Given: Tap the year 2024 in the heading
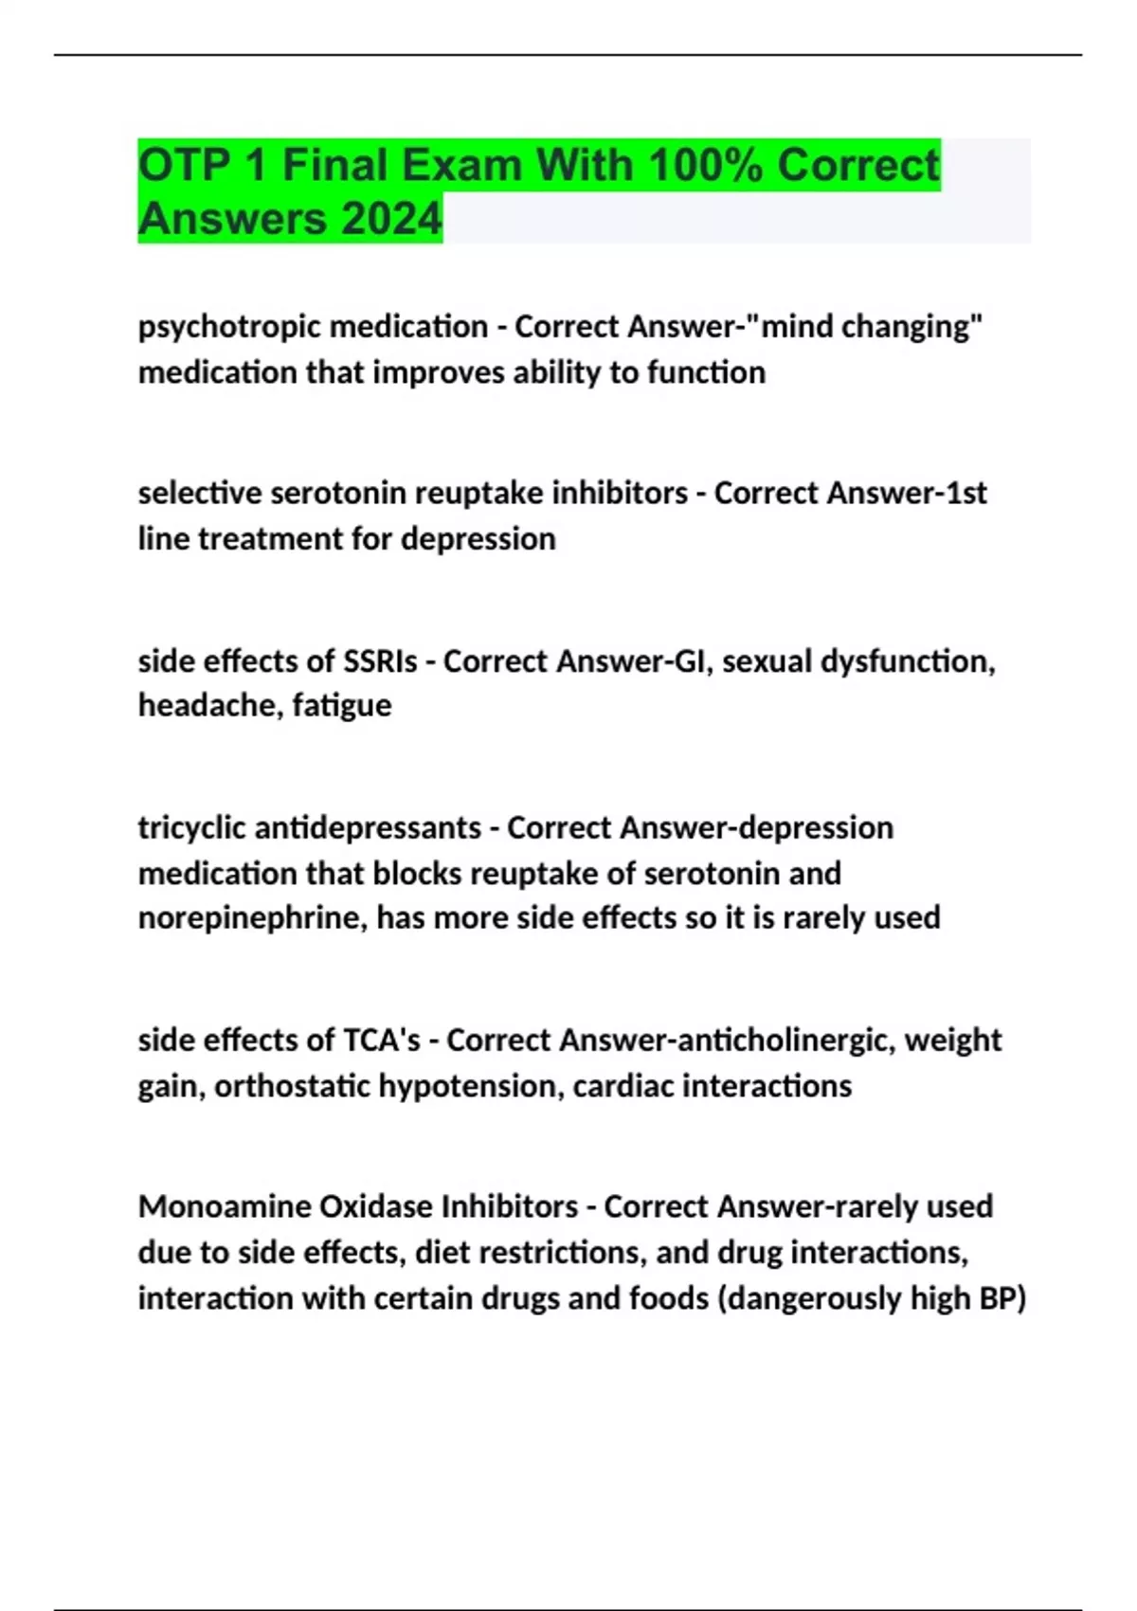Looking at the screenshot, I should [390, 219].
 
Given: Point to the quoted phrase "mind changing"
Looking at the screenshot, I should [872, 327].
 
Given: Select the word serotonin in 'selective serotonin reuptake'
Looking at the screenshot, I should [338, 493].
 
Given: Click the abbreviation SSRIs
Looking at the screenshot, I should [380, 661].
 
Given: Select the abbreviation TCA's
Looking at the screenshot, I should [381, 1040].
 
